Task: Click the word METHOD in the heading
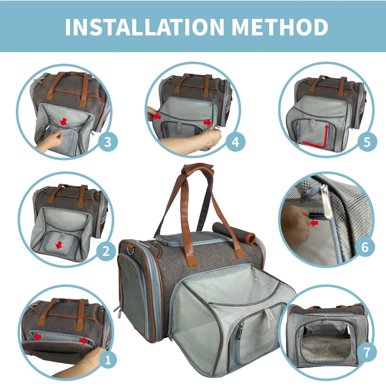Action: (279, 27)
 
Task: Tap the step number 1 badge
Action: (108, 360)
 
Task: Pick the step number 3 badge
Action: (108, 142)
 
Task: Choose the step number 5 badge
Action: (367, 142)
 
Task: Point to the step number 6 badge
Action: (365, 247)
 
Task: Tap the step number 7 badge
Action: (366, 352)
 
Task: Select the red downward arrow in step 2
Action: (58, 245)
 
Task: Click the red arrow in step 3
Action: (63, 122)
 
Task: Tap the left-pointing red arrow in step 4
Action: (157, 116)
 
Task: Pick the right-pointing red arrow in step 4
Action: (207, 123)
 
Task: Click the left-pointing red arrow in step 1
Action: (37, 337)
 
